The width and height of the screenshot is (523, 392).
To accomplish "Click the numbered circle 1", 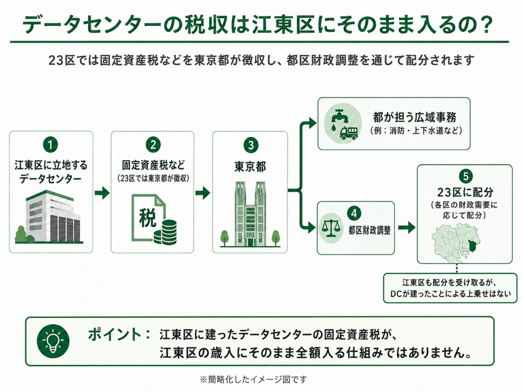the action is pos(50,145).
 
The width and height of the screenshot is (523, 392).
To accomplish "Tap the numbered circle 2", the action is pos(153,145).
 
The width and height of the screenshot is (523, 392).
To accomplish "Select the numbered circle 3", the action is pos(251,145).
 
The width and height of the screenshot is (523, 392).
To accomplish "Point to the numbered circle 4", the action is pos(354,213).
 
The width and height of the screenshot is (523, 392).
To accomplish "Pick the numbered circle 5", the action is pos(465,176).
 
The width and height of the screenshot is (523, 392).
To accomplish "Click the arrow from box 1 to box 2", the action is pos(102,193).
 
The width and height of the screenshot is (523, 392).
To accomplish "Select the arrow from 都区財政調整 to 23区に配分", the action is pos(407,227).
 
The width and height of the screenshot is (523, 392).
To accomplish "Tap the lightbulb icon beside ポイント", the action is pos(53,341).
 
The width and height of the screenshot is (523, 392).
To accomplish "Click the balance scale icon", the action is pos(330,228).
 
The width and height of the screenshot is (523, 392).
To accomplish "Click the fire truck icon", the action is pos(349,133).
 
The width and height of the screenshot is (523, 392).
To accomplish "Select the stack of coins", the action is pos(165,232).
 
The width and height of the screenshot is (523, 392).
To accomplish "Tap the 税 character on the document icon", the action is pos(148,217).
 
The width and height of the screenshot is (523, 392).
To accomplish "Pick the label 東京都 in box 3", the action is pos(250,167).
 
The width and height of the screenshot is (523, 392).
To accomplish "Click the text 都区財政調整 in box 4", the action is pos(370,230).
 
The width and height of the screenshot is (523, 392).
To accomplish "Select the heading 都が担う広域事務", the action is pos(415,117).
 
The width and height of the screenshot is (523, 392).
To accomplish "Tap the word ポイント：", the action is pos(119,335).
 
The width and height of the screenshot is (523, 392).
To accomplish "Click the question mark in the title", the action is pos(486,24).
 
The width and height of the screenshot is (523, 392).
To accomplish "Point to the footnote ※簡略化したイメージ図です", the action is pos(254,379).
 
